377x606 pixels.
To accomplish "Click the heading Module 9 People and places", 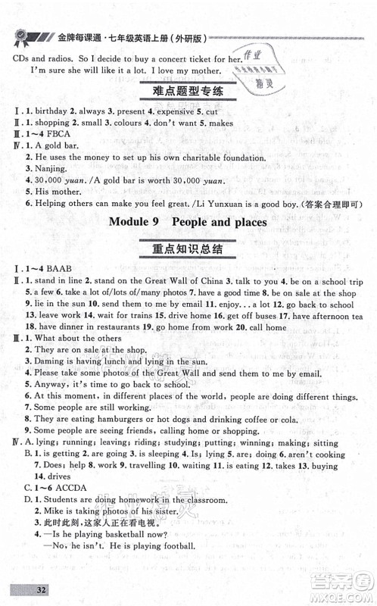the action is click(188, 223).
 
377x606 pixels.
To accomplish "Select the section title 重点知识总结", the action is click(188, 251).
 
